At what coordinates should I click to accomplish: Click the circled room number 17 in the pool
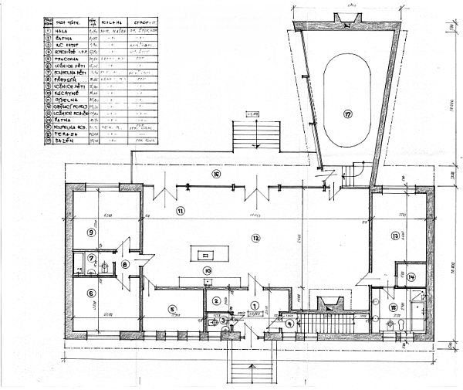(x=347, y=114)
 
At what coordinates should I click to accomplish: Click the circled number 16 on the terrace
(x=217, y=175)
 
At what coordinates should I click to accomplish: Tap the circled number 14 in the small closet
(x=412, y=276)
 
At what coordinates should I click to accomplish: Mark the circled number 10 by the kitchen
(x=208, y=270)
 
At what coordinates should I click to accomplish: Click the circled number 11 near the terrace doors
(x=181, y=210)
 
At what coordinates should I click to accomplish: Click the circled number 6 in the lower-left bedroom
(x=91, y=293)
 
